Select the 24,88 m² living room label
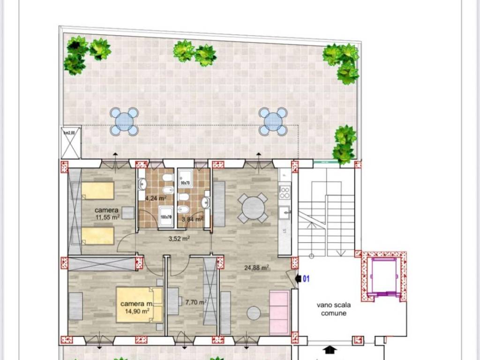click(x=256, y=268)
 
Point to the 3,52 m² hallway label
click(x=179, y=238)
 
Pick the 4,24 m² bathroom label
click(x=156, y=198)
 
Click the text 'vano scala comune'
click(x=333, y=309)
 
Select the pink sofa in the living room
click(x=280, y=312)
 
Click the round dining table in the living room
click(x=253, y=208)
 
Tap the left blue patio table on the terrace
click(x=124, y=122)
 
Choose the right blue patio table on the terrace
click(x=273, y=121)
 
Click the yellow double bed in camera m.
click(x=140, y=305)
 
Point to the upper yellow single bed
click(x=98, y=191)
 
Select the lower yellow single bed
click(x=98, y=236)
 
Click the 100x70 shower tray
click(x=166, y=216)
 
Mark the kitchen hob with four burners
click(x=285, y=192)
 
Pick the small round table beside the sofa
click(x=254, y=312)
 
